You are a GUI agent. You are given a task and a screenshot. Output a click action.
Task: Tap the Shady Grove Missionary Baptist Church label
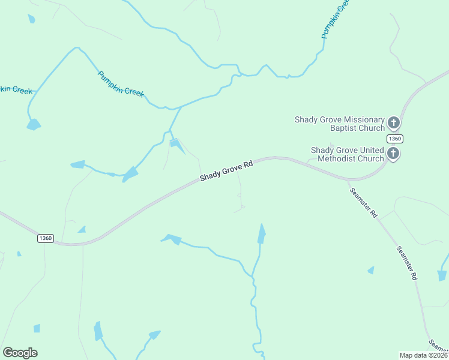pyautogui.click(x=339, y=124)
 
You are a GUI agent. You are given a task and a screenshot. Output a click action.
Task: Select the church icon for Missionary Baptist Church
pyautogui.click(x=394, y=124)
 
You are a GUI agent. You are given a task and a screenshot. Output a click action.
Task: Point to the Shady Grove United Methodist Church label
pyautogui.click(x=347, y=154)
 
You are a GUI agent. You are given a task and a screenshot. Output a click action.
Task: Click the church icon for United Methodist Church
pyautogui.click(x=393, y=154)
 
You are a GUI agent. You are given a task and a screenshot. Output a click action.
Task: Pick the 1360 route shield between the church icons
pyautogui.click(x=394, y=139)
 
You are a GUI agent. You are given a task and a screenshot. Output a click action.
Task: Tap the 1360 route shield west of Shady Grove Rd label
pyautogui.click(x=46, y=238)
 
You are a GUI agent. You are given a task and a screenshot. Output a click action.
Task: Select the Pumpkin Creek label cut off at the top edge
pyautogui.click(x=334, y=19)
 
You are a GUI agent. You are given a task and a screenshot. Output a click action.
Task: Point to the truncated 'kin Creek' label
pyautogui.click(x=16, y=89)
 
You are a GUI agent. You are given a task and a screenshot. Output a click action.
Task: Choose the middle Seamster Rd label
pyautogui.click(x=406, y=263)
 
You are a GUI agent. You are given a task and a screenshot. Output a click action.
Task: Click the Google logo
pyautogui.click(x=20, y=353)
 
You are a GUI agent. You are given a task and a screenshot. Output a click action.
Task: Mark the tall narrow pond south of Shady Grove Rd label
pyautogui.click(x=261, y=233)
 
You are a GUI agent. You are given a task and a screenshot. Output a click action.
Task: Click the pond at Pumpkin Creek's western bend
pyautogui.click(x=34, y=125)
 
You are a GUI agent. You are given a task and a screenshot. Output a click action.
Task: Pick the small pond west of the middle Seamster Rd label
pyautogui.click(x=371, y=271)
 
